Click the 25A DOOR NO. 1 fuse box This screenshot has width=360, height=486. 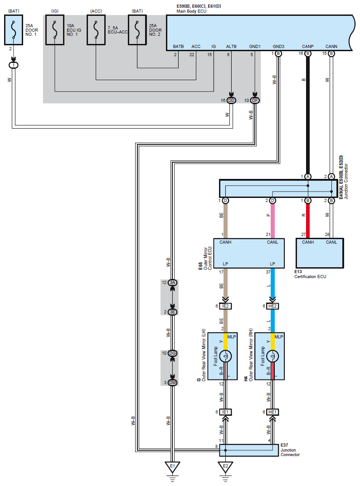(x=13, y=30)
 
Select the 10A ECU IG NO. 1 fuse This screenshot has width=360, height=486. (x=54, y=30)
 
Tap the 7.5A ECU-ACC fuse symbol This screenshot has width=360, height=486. (x=96, y=30)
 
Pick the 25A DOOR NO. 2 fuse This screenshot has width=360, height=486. (x=137, y=30)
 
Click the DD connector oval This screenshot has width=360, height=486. (x=231, y=101)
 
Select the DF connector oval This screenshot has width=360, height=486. (x=255, y=101)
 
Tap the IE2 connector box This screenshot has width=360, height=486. (x=225, y=306)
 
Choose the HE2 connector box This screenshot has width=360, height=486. (x=272, y=306)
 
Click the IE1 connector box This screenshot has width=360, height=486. (x=225, y=412)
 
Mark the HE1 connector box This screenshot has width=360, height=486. (x=272, y=412)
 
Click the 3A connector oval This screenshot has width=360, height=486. (x=173, y=282)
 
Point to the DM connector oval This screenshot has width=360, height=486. (x=173, y=382)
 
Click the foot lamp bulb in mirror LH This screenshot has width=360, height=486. (x=225, y=356)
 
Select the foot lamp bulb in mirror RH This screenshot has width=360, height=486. (x=272, y=356)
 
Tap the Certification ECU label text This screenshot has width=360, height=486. (x=310, y=276)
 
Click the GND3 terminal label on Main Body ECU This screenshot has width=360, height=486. (x=278, y=47)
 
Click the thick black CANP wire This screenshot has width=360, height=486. (x=307, y=115)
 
